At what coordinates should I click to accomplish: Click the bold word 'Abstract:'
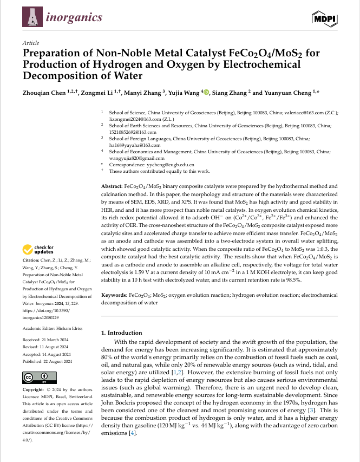click(112, 186)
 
